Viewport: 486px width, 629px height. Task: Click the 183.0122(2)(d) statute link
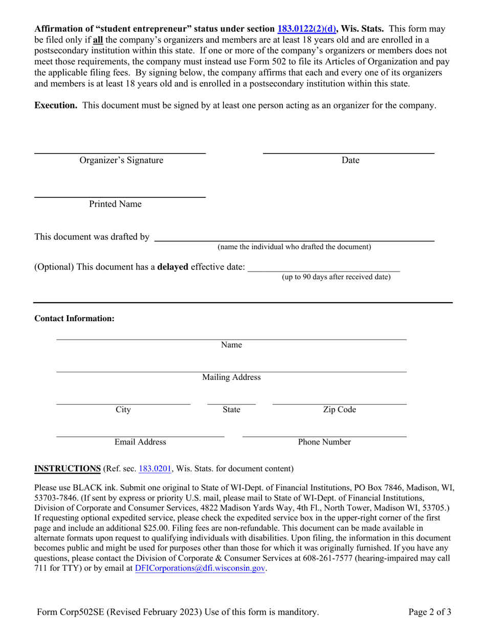pyautogui.click(x=306, y=29)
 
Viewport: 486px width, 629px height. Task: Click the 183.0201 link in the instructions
pyautogui.click(x=155, y=468)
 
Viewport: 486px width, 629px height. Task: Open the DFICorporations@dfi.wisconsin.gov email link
pyautogui.click(x=200, y=568)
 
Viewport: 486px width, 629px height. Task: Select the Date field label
pyautogui.click(x=350, y=161)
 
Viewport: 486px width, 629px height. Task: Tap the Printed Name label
pyautogui.click(x=115, y=204)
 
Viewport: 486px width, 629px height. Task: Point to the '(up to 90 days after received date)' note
pyautogui.click(x=336, y=277)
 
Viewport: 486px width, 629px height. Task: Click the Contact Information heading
pyautogui.click(x=74, y=319)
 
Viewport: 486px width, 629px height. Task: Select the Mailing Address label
pyautogui.click(x=231, y=377)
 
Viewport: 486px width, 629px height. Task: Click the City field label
pyautogui.click(x=123, y=410)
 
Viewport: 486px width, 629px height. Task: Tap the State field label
pyautogui.click(x=231, y=410)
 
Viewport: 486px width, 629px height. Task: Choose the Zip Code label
pyautogui.click(x=339, y=410)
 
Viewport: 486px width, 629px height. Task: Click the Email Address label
pyautogui.click(x=140, y=442)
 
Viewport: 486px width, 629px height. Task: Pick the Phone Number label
pyautogui.click(x=324, y=442)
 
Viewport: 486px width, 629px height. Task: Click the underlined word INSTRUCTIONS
pyautogui.click(x=67, y=468)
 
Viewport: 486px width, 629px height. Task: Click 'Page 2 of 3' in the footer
pyautogui.click(x=430, y=612)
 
